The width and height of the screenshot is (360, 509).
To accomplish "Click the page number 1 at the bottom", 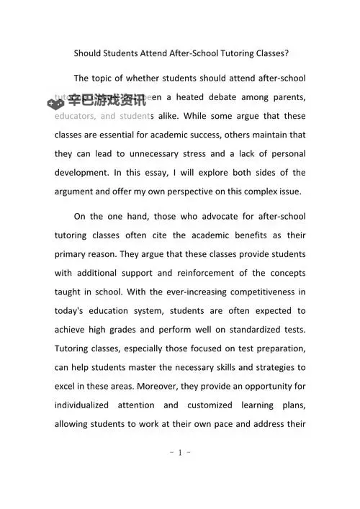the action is tap(179, 453).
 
